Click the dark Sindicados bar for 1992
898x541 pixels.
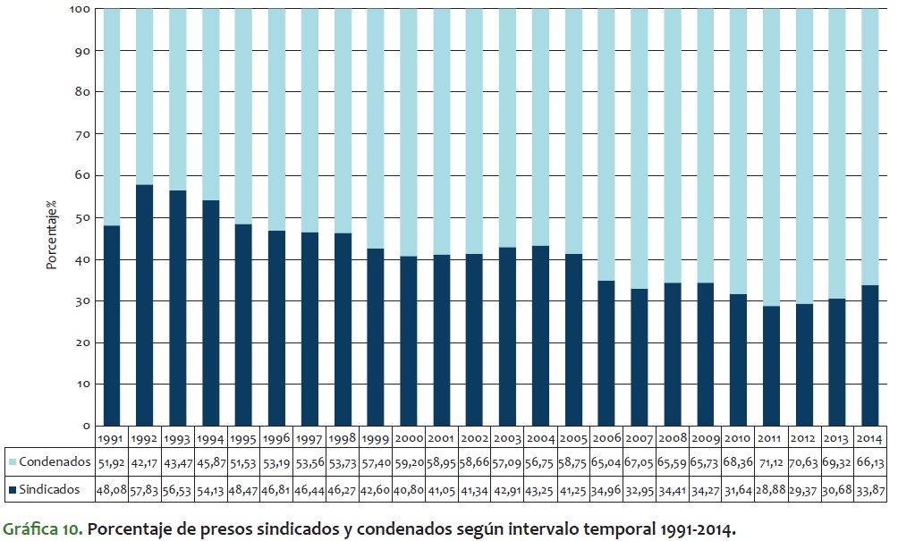point(145,305)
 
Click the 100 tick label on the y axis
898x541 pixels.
point(79,10)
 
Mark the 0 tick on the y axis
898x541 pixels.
point(84,426)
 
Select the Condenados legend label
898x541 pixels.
point(55,462)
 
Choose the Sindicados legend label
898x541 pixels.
point(50,489)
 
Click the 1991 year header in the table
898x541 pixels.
point(112,439)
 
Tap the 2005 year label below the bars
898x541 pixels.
point(572,439)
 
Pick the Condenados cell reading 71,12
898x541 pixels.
point(770,462)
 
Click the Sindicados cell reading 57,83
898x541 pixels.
point(145,489)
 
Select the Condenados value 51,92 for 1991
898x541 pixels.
point(112,462)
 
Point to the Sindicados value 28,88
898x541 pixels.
point(770,489)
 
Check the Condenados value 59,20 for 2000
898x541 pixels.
point(408,462)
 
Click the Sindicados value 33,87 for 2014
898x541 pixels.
point(869,489)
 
